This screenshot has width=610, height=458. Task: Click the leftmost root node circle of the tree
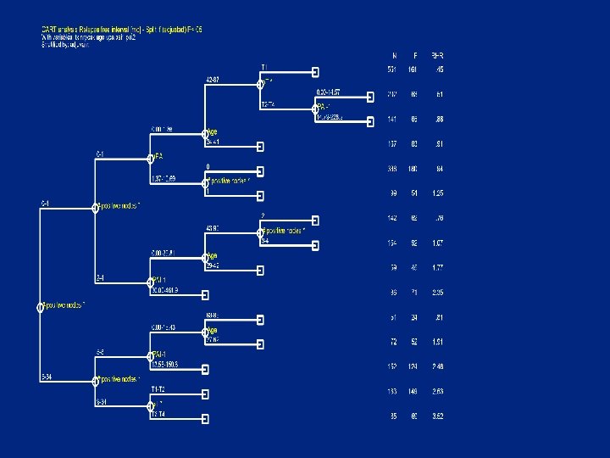[x=40, y=307]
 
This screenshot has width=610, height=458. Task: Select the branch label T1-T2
[x=158, y=389]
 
